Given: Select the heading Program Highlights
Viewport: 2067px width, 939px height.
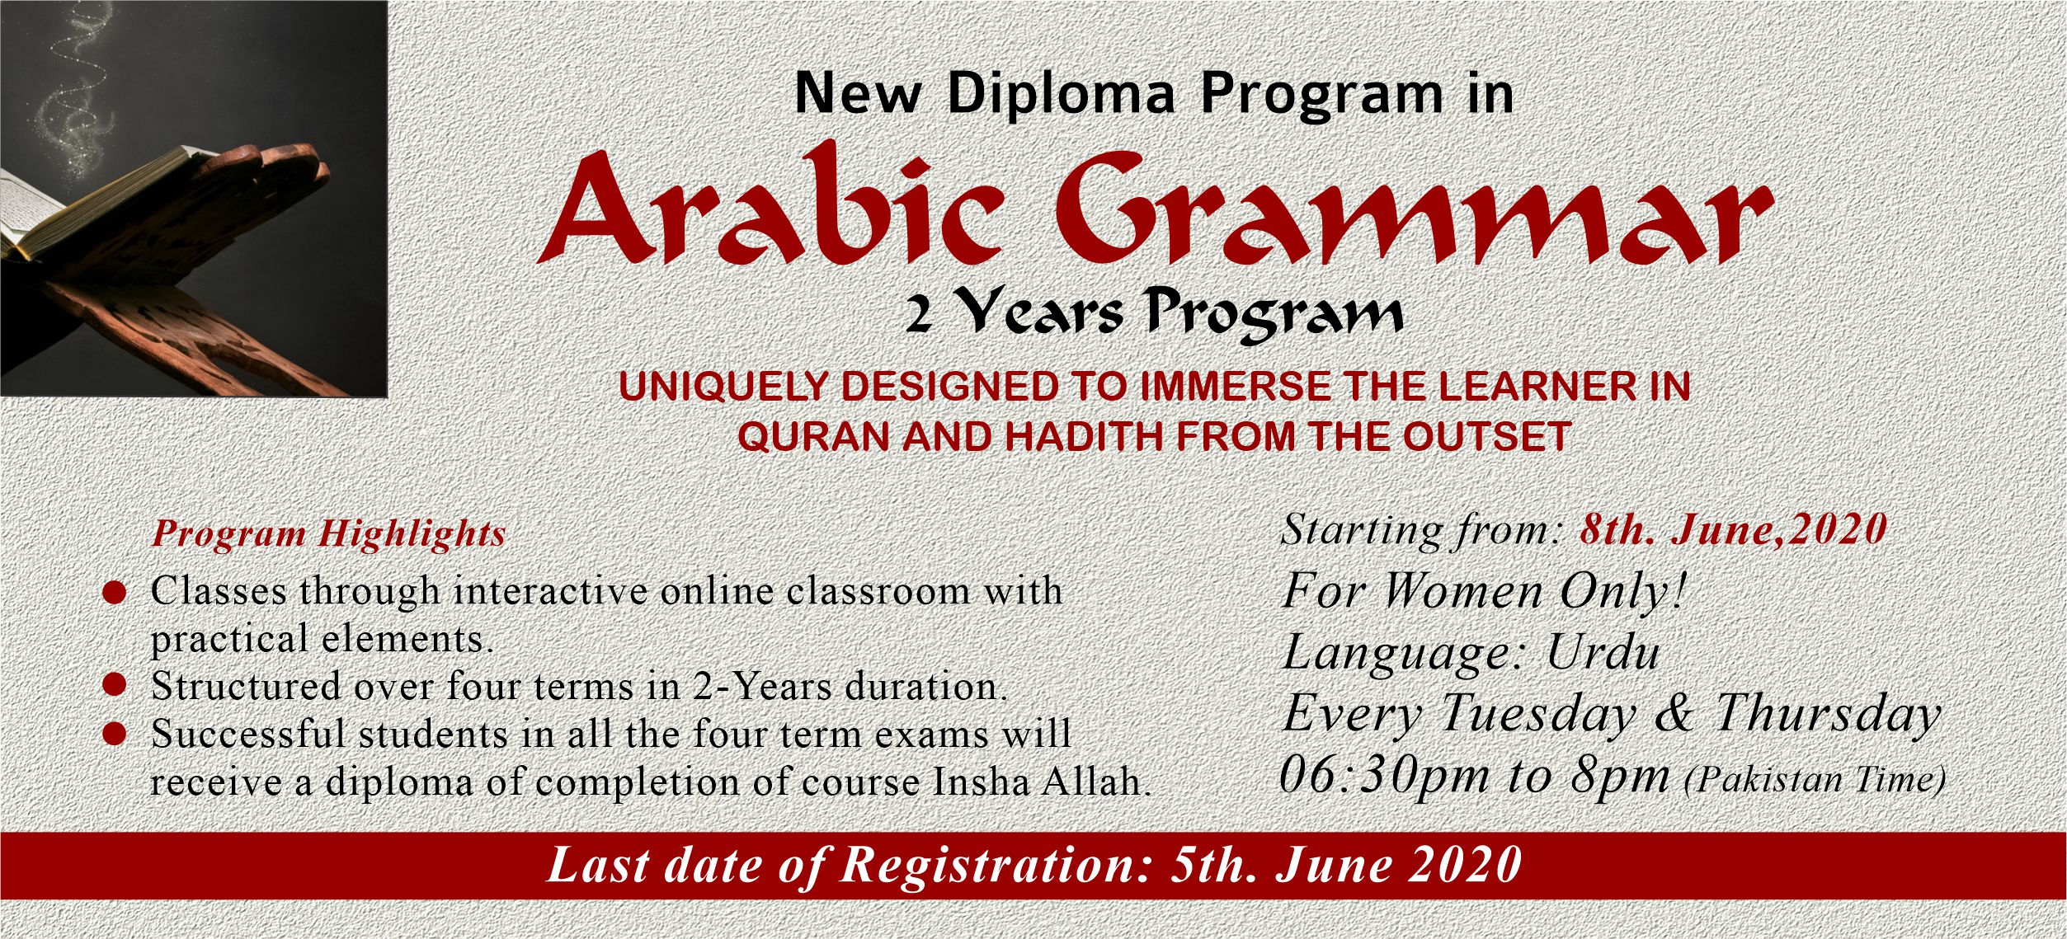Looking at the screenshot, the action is click(x=328, y=533).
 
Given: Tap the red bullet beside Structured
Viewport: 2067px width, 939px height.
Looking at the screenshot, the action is click(x=114, y=684).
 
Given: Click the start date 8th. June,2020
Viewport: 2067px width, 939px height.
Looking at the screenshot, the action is click(x=1733, y=529).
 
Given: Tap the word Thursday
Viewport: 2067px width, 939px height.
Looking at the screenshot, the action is click(x=1828, y=714).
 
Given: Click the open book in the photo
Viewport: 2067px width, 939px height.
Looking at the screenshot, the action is click(x=99, y=202).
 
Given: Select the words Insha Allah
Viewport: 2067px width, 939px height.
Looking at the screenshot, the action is click(x=1042, y=781).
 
